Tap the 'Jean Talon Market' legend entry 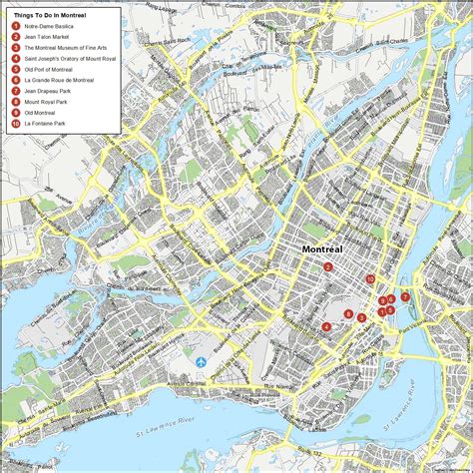coord(45,37)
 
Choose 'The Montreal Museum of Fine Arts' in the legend coord(61,48)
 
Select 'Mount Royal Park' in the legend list coord(45,101)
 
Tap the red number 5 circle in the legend coord(15,69)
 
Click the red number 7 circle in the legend coord(15,90)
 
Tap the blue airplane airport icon coord(202,360)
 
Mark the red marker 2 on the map coord(327,266)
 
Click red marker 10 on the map coord(369,279)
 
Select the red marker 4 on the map coord(326,326)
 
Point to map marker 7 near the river coord(404,297)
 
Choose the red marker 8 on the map coord(347,314)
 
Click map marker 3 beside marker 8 coord(361,317)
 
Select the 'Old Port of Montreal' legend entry coord(47,69)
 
